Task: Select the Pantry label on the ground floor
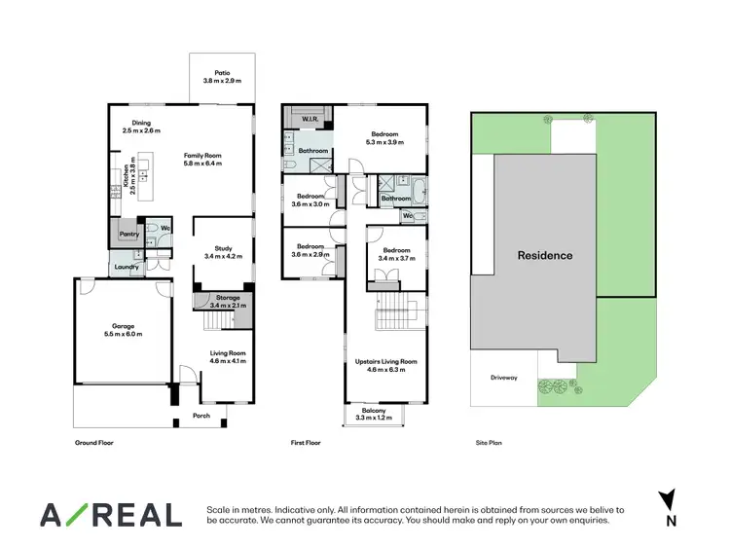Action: (x=128, y=234)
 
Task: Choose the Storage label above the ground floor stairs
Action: (x=228, y=298)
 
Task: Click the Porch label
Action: (x=201, y=416)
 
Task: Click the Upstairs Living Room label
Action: (x=386, y=361)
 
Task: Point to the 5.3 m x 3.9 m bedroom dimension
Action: (x=383, y=142)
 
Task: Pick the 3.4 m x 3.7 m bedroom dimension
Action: (x=396, y=258)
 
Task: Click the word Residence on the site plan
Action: (x=544, y=256)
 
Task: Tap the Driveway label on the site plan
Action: (x=504, y=378)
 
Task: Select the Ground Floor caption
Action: (x=94, y=442)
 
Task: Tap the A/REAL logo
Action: (x=110, y=515)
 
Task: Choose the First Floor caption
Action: (x=306, y=442)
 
